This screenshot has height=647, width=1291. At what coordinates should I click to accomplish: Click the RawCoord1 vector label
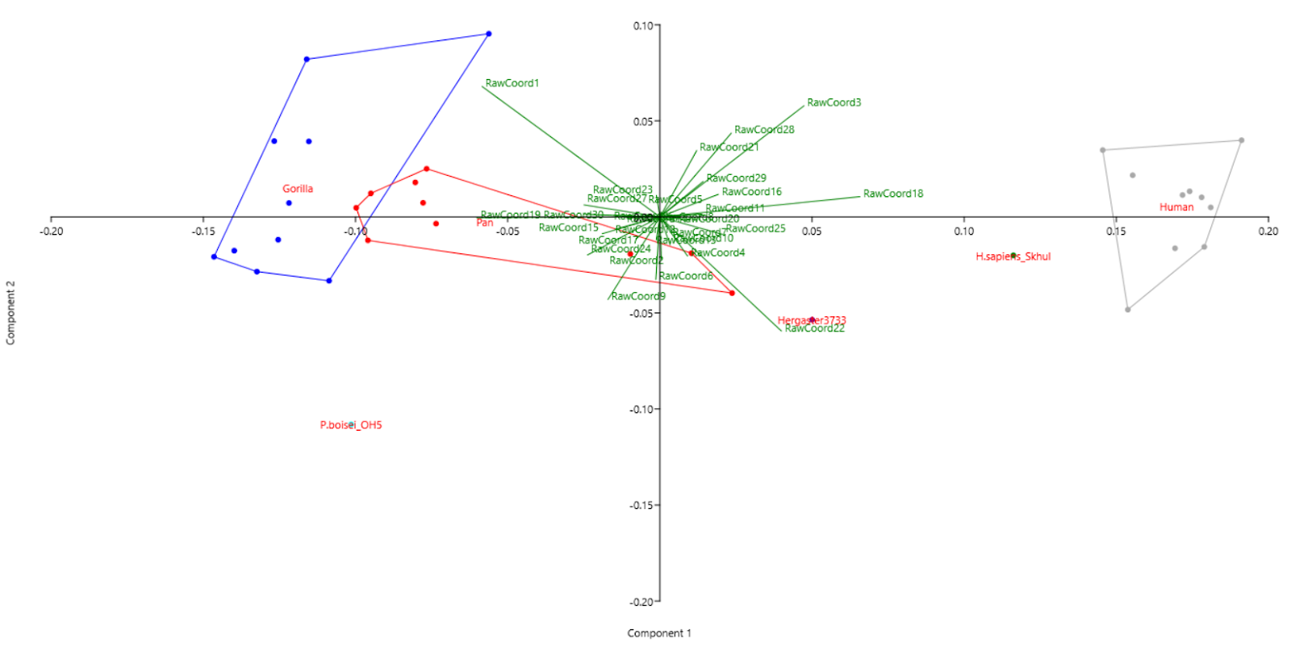[512, 83]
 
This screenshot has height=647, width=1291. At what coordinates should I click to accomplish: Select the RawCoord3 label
[834, 102]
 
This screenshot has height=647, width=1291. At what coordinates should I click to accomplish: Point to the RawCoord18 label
[892, 194]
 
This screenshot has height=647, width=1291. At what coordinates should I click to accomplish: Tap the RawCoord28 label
[763, 130]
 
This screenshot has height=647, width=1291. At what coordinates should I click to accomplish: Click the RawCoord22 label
[815, 328]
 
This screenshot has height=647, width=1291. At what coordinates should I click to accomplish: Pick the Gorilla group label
[297, 189]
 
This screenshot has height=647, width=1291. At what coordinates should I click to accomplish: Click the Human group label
[1176, 207]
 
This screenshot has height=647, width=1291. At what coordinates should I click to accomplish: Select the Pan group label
[484, 223]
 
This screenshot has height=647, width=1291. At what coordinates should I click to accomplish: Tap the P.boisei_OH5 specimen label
[350, 425]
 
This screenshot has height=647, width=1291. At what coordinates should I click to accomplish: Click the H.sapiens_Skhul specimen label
[1013, 257]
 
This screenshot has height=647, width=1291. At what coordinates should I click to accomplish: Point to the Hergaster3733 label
[812, 320]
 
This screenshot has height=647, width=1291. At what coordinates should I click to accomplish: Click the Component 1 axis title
[659, 633]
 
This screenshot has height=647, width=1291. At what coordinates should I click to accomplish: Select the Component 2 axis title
[10, 313]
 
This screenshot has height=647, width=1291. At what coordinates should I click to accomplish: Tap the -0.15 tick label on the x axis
[203, 232]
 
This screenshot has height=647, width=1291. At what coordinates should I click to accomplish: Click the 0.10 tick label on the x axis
[963, 232]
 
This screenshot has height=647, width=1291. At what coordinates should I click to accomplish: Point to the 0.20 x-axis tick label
[1268, 232]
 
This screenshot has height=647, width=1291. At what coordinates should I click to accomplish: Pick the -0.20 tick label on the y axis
[641, 602]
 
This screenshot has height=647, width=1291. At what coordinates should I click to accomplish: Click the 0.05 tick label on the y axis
[644, 122]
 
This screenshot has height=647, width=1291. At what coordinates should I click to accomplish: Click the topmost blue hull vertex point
[488, 34]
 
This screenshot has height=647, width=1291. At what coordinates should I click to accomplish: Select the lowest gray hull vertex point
[1127, 310]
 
